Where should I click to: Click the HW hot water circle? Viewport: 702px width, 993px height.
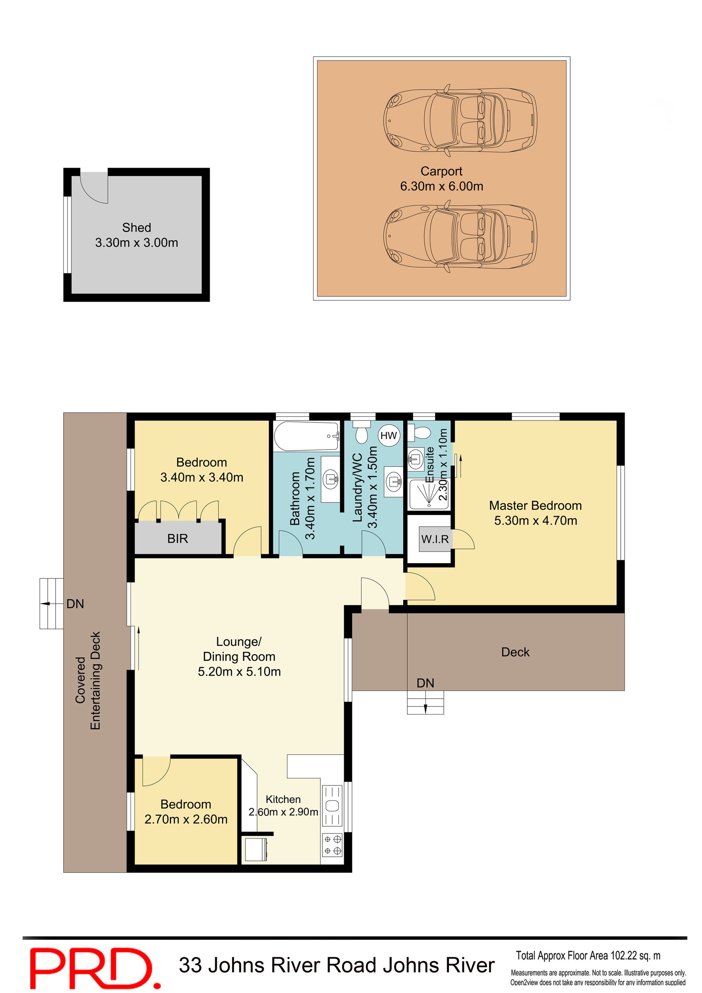pyautogui.click(x=388, y=435)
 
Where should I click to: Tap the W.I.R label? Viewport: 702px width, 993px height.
pyautogui.click(x=435, y=539)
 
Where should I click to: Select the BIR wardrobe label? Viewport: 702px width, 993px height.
pyautogui.click(x=178, y=539)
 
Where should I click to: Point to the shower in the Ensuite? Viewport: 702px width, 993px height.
pyautogui.click(x=429, y=494)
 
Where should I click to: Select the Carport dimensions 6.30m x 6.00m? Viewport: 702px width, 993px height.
pyautogui.click(x=442, y=186)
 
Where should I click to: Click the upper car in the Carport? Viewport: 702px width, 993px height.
pyautogui.click(x=460, y=121)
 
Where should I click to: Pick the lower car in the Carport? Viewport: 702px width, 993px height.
pyautogui.click(x=460, y=236)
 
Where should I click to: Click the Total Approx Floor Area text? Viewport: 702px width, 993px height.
pyautogui.click(x=588, y=955)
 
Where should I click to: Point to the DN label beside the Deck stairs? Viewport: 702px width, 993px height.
pyautogui.click(x=425, y=683)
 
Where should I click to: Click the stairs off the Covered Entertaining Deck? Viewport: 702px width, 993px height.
pyautogui.click(x=52, y=603)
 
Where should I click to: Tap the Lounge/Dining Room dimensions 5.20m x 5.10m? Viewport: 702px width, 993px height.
pyautogui.click(x=239, y=672)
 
